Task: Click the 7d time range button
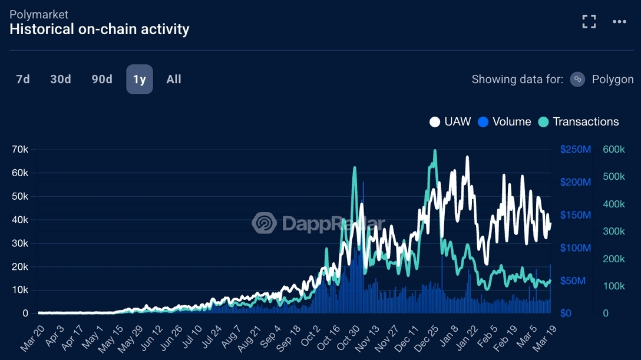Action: pyautogui.click(x=23, y=80)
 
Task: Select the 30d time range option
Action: pyautogui.click(x=61, y=80)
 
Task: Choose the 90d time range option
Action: pyautogui.click(x=102, y=80)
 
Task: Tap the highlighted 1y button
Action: pyautogui.click(x=140, y=80)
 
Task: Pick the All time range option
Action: pyautogui.click(x=174, y=80)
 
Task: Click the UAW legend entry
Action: pyautogui.click(x=451, y=122)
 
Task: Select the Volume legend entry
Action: pyautogui.click(x=504, y=122)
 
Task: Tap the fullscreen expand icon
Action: pyautogui.click(x=589, y=22)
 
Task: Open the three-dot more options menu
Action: pyautogui.click(x=619, y=22)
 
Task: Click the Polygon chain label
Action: pyautogui.click(x=612, y=80)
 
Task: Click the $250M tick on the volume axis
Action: pyautogui.click(x=575, y=150)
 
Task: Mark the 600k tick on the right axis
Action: pyautogui.click(x=614, y=150)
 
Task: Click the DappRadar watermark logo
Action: pyautogui.click(x=265, y=223)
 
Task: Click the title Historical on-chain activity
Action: pyautogui.click(x=100, y=29)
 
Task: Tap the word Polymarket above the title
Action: pyautogui.click(x=39, y=14)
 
